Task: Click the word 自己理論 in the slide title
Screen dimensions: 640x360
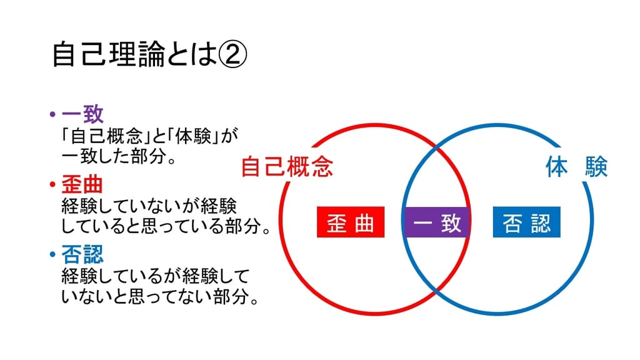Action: click(x=109, y=55)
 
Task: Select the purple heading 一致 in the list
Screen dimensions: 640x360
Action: click(x=82, y=114)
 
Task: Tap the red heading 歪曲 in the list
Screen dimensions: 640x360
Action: click(x=82, y=184)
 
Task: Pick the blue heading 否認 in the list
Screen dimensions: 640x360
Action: click(x=82, y=254)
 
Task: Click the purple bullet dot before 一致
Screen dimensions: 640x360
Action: click(x=52, y=114)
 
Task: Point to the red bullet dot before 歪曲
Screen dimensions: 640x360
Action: click(x=52, y=184)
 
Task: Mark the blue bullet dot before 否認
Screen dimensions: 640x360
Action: click(x=52, y=254)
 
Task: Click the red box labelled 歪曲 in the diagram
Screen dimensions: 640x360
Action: click(x=351, y=222)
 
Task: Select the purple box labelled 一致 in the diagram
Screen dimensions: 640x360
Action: click(x=436, y=222)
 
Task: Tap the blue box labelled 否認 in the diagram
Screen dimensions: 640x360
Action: click(x=526, y=222)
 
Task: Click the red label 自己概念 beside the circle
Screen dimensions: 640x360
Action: click(x=287, y=166)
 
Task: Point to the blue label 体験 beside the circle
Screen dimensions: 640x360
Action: click(x=577, y=166)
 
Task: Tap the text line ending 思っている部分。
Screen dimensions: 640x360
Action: click(x=166, y=226)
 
